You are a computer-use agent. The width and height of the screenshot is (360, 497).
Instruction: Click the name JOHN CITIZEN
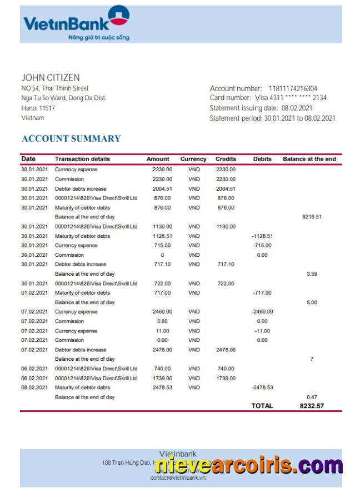pos(51,77)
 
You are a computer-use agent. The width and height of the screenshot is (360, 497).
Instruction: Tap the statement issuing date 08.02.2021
pos(297,108)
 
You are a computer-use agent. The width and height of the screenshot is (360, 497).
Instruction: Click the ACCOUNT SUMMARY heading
pos(71,138)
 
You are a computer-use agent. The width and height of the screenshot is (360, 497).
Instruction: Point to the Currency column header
pos(193,159)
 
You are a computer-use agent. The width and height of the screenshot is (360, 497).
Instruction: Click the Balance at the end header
pos(309,159)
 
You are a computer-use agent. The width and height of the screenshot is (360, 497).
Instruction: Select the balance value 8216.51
pos(312,217)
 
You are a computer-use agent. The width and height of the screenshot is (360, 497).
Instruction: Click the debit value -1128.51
pos(262,236)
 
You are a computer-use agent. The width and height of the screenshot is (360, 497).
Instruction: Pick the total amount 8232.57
pos(312,406)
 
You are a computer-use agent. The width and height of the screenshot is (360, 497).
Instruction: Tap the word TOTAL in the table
pos(262,406)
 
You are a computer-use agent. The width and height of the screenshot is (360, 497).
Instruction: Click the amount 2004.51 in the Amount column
pos(162,188)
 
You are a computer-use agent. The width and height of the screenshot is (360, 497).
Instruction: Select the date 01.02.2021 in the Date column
pos(35,292)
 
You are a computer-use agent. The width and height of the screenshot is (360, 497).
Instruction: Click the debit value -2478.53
pos(262,387)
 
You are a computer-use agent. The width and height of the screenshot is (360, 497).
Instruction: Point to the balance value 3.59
pos(312,274)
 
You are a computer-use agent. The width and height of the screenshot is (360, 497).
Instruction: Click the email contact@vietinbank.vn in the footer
pos(178,478)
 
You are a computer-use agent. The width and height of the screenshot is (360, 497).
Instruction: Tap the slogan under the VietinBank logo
pos(98,37)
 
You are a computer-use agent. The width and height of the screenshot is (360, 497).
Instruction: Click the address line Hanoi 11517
pos(38,108)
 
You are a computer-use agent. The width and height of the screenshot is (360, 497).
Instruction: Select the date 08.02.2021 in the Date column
pos(35,387)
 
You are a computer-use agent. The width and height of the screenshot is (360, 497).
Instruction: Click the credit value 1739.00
pos(226,378)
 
